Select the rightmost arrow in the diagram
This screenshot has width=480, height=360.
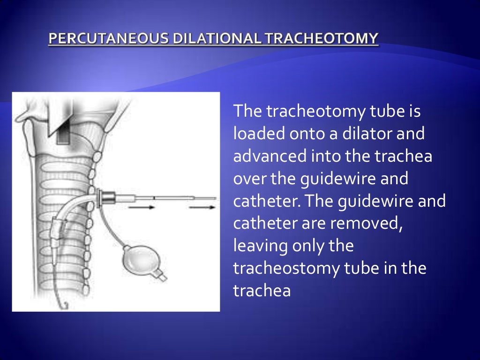pos(202,206)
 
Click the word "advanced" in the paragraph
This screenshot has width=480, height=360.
pos(270,156)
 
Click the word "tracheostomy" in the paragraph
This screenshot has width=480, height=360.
pos(290,268)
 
